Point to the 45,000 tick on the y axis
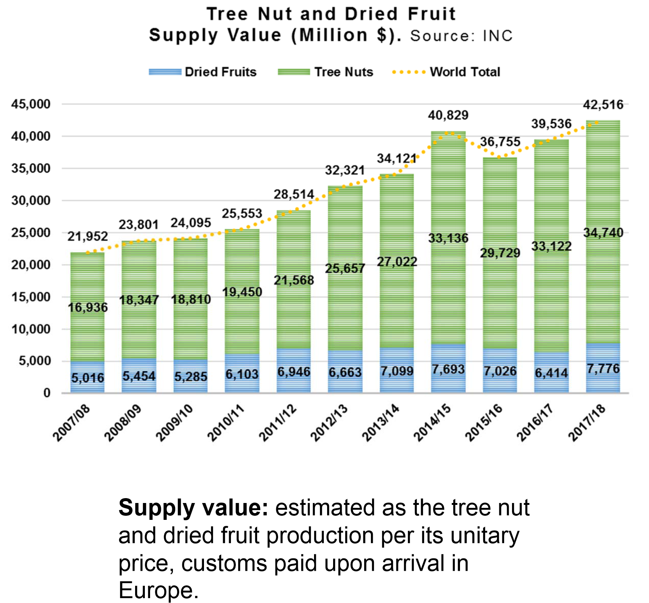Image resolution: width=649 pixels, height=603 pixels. tap(31, 104)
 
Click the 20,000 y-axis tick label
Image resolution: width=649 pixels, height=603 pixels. tap(31, 265)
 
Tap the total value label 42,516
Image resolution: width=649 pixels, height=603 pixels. tap(603, 105)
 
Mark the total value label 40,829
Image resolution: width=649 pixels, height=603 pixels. tap(448, 115)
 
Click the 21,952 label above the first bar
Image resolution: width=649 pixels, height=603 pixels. tap(88, 236)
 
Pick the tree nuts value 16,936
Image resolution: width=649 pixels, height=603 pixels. tap(88, 307)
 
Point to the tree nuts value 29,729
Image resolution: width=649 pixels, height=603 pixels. tap(500, 253)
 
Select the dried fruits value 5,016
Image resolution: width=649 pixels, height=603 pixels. tap(88, 378)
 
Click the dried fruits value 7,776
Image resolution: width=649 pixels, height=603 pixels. tap(603, 369)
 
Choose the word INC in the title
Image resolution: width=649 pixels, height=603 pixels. tap(498, 36)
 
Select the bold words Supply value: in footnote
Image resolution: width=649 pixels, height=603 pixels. tap(193, 508)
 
